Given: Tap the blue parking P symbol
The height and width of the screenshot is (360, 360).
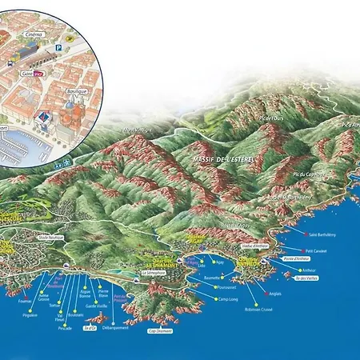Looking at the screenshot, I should [x=58, y=48].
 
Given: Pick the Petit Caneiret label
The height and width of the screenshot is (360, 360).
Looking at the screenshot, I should [x=317, y=250].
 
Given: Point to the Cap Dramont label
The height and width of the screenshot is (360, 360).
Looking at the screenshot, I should [x=161, y=330].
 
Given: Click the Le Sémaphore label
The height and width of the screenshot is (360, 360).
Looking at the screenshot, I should [x=153, y=273].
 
